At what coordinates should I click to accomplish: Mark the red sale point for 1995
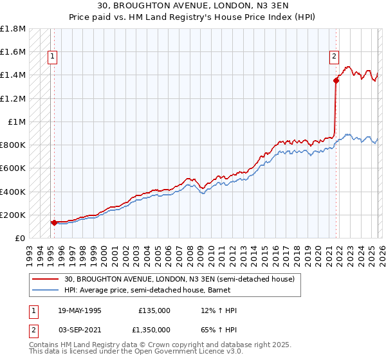54,222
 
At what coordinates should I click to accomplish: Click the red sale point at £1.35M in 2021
336,80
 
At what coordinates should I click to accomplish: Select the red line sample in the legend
45,279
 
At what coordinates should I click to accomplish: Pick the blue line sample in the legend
45,290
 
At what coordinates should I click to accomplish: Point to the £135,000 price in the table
154,310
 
